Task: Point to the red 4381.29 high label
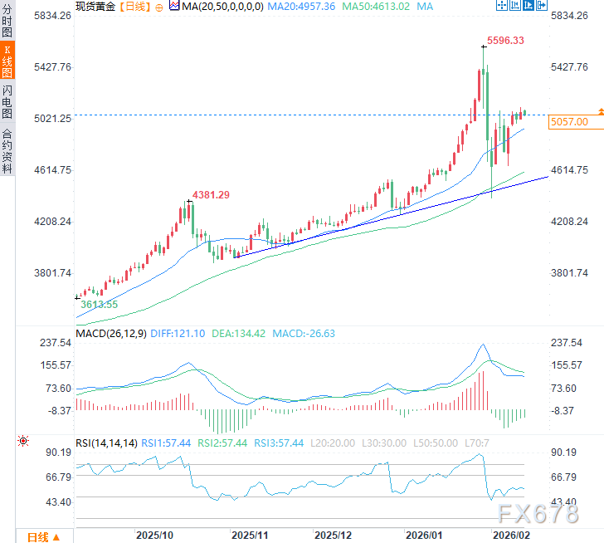click(x=211, y=194)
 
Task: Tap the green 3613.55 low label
click(x=99, y=305)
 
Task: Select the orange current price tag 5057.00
click(x=569, y=122)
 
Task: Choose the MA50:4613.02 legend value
click(x=378, y=6)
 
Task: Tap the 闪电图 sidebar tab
click(x=7, y=101)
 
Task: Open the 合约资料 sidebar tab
click(x=7, y=149)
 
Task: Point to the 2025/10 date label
click(x=153, y=536)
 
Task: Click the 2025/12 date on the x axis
click(x=334, y=536)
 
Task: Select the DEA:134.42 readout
click(x=237, y=334)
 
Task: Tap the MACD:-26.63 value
click(x=304, y=334)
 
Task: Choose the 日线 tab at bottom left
click(x=37, y=536)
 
